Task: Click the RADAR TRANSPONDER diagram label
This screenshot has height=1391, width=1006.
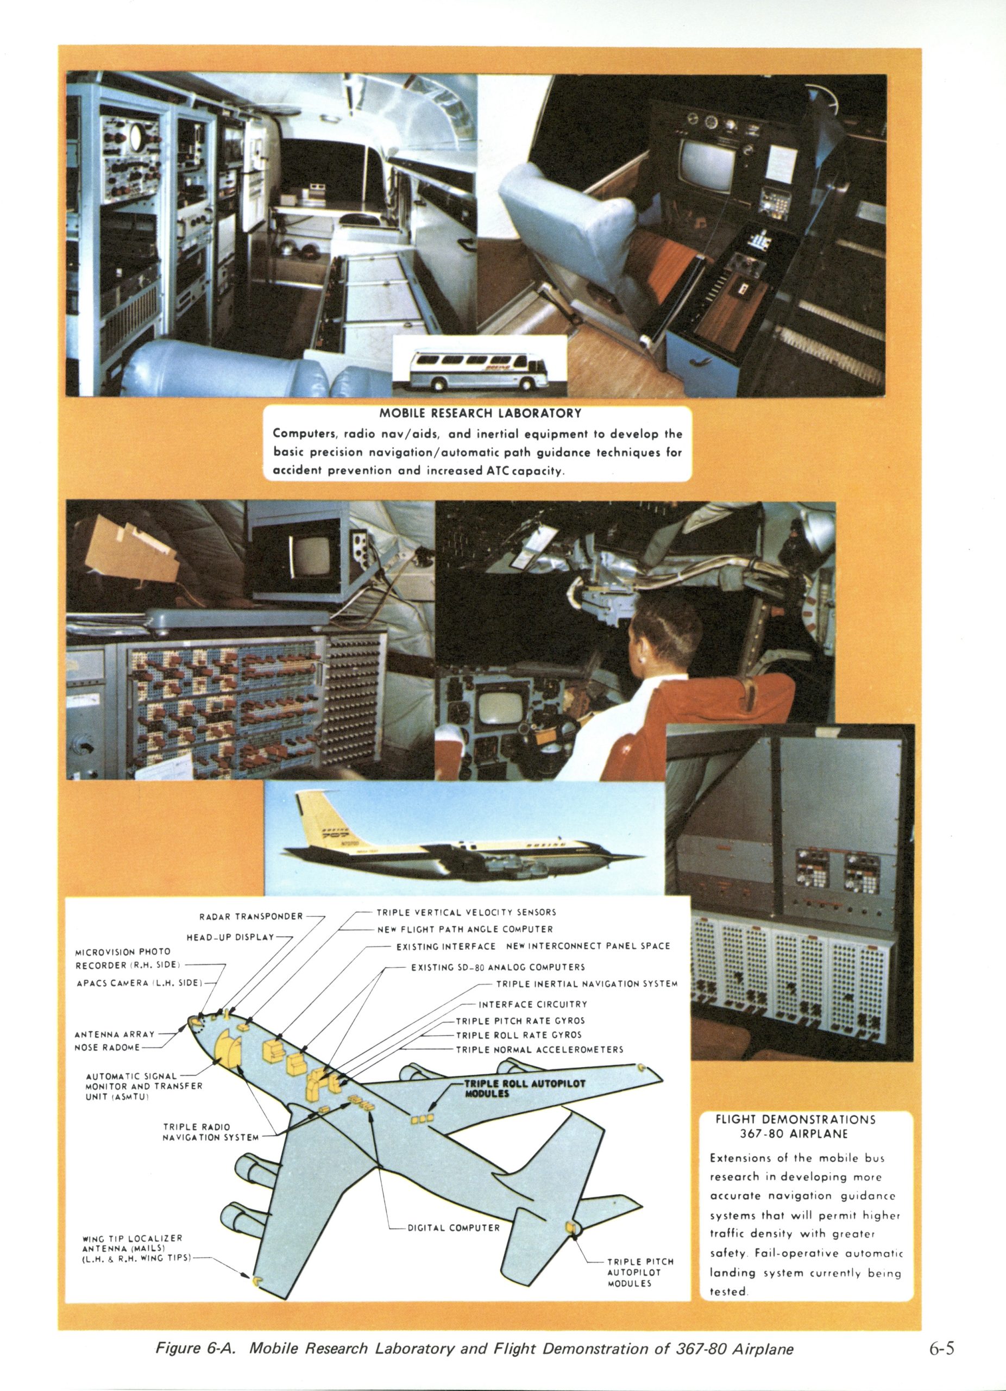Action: click(251, 916)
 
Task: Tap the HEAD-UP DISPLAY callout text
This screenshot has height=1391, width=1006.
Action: click(230, 937)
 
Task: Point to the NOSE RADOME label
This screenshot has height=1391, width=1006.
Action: click(108, 1047)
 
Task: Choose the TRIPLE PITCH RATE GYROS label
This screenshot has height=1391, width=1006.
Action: click(520, 1020)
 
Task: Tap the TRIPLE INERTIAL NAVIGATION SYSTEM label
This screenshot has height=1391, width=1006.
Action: click(587, 984)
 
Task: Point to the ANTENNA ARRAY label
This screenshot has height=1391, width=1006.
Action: click(115, 1034)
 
